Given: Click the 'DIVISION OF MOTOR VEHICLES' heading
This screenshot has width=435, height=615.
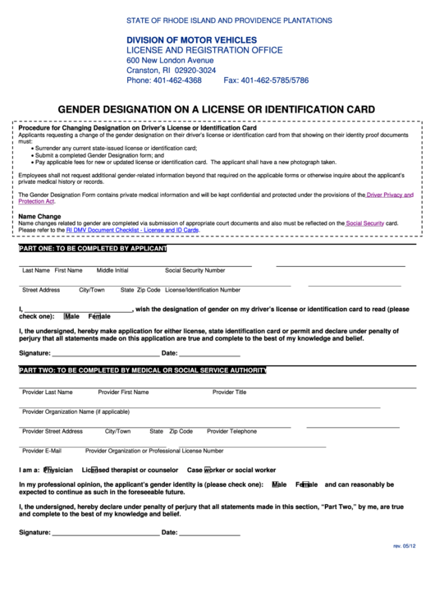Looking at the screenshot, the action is click(x=191, y=39).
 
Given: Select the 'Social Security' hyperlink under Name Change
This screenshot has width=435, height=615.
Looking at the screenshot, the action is click(x=365, y=223).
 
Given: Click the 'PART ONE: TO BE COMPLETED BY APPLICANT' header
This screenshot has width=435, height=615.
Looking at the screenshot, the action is click(x=93, y=248).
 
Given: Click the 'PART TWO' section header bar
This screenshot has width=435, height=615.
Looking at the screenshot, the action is click(x=144, y=370).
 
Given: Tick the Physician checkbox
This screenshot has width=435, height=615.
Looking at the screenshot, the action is click(x=47, y=470).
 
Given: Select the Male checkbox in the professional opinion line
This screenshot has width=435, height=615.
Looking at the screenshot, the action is click(x=274, y=484).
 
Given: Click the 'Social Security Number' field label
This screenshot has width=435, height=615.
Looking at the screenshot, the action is click(x=195, y=269).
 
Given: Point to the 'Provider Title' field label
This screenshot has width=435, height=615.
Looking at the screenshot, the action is click(x=229, y=392).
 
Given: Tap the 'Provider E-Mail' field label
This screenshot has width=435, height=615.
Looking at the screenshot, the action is click(x=42, y=450).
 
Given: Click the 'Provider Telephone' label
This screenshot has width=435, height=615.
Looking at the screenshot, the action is click(x=231, y=430).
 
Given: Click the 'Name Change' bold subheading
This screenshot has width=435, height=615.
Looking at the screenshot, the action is click(x=39, y=215).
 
